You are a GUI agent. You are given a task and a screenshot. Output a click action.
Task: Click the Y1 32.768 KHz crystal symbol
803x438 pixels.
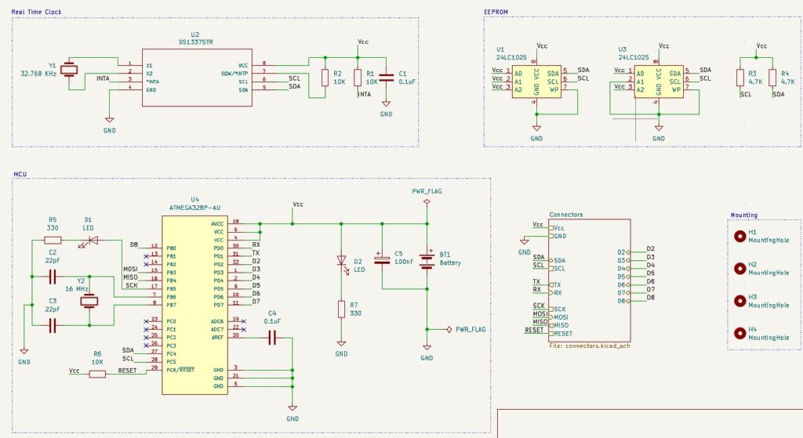tap(70, 69)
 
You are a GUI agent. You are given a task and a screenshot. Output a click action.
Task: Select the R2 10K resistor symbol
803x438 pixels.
tap(325, 78)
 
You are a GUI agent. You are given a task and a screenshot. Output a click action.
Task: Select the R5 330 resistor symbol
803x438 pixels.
tap(53, 240)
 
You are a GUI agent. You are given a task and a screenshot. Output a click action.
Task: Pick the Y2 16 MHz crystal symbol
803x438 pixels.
tap(90, 301)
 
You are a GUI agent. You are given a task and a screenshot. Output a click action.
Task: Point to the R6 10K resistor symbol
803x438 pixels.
tap(97, 374)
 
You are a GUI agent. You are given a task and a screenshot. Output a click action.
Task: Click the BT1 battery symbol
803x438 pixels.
tap(427, 259)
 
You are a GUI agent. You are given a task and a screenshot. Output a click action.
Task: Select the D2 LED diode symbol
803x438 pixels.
tap(342, 260)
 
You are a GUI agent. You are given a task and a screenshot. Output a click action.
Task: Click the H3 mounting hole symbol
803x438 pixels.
tap(739, 299)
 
